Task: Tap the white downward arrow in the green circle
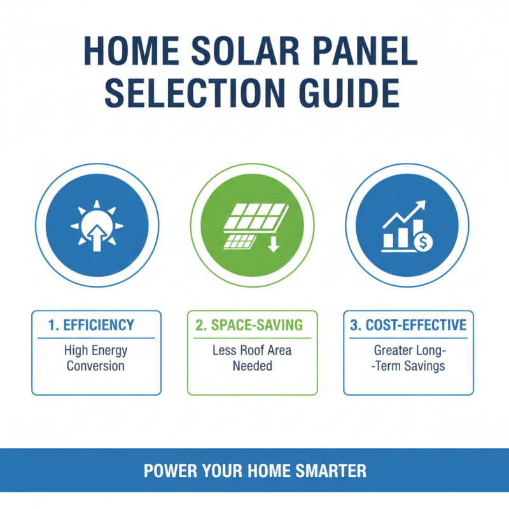(273, 244)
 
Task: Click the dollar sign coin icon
(422, 242)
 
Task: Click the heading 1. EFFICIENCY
(92, 325)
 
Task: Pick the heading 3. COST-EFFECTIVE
(408, 325)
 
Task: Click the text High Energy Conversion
(96, 358)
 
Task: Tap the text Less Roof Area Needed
(252, 358)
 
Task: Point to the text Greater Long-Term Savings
(408, 358)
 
